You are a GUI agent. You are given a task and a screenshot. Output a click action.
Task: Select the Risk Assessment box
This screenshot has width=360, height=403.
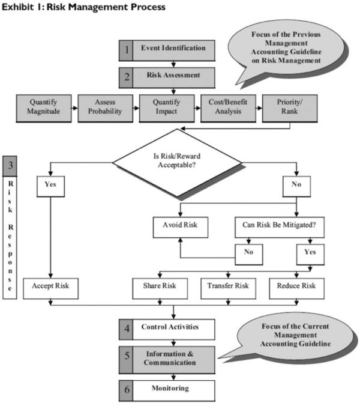173,76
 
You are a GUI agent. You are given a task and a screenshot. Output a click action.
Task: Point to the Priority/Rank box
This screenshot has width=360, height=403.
289,107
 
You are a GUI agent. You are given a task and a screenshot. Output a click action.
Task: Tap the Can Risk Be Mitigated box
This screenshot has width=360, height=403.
278,227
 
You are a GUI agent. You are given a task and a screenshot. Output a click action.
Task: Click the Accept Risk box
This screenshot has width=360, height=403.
50,286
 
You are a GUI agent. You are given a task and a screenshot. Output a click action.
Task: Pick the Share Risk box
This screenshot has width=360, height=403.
157,286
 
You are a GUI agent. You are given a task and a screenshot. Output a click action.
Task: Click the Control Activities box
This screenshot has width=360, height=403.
173,328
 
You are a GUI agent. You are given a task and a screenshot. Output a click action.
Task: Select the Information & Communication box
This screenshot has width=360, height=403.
173,358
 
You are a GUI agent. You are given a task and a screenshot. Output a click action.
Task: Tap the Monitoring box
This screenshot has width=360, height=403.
173,389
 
